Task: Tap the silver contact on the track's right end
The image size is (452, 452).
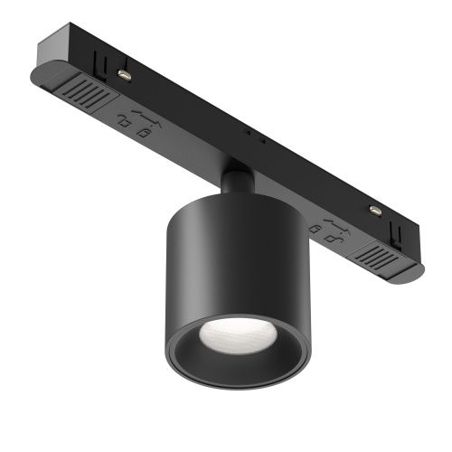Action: (372, 210)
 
